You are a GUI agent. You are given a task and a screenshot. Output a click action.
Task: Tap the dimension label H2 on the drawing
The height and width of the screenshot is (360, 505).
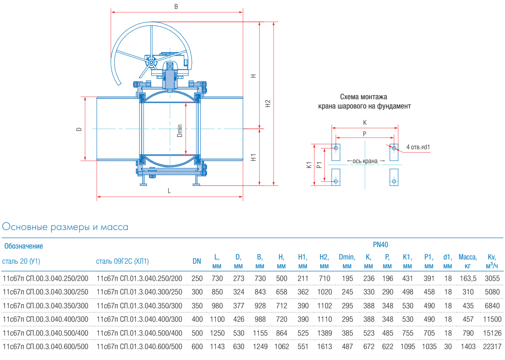point(268,103)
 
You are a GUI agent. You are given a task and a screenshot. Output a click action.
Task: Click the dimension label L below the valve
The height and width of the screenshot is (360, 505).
point(169,191)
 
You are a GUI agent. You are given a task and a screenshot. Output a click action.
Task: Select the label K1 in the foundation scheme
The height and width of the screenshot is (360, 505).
point(309,165)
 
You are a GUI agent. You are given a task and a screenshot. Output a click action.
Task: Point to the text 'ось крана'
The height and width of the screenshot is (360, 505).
point(365,161)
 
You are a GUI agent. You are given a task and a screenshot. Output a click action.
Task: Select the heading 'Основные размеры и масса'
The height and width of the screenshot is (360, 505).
point(65,227)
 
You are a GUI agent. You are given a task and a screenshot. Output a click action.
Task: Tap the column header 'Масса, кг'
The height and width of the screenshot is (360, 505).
point(468,261)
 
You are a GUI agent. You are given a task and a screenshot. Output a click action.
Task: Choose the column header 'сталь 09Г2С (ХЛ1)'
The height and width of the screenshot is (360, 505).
point(122,261)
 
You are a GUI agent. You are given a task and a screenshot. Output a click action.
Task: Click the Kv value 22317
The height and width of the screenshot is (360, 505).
point(492,347)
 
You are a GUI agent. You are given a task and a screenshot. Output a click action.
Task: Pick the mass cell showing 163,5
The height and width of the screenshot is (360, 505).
point(468,278)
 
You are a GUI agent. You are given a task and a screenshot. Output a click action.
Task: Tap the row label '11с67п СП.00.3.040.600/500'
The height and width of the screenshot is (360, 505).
point(46,347)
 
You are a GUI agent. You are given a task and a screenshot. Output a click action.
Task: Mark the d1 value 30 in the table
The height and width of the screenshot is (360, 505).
point(447,347)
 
